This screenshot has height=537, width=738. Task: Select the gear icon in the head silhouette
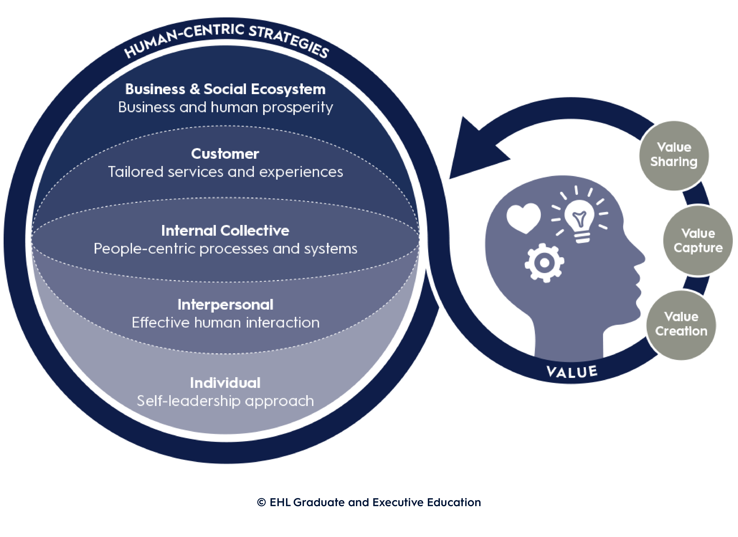pyautogui.click(x=544, y=263)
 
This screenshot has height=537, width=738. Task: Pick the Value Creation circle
pyautogui.click(x=681, y=325)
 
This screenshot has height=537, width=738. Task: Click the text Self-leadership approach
pyautogui.click(x=225, y=401)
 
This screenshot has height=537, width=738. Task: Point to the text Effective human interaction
pyautogui.click(x=225, y=323)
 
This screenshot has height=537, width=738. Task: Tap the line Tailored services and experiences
pyautogui.click(x=225, y=172)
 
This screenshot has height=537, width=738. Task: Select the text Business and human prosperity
pyautogui.click(x=225, y=107)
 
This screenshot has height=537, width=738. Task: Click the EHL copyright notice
pyautogui.click(x=369, y=502)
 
